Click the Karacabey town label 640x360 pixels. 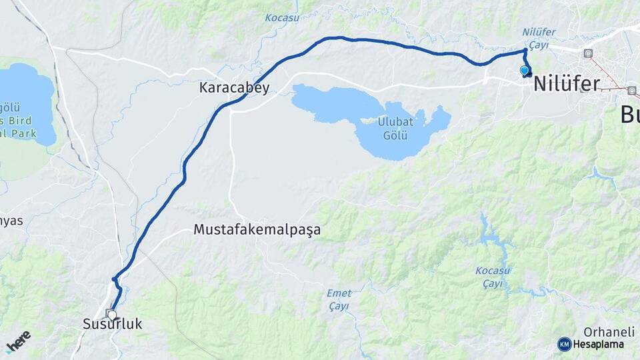tap(235, 88)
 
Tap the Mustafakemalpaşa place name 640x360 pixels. tap(257, 230)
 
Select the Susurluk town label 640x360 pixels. tap(113, 325)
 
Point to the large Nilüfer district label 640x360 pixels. tap(566, 83)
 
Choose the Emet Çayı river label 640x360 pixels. tap(339, 299)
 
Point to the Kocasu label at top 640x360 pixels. tap(282, 17)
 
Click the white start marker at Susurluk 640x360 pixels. tap(111, 315)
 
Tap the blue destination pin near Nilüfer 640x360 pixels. tap(524, 70)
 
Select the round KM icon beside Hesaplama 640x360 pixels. tap(564, 344)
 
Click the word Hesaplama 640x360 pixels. tap(598, 345)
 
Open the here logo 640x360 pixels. tap(18, 340)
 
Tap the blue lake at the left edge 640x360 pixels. tap(27, 100)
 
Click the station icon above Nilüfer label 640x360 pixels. tap(587, 53)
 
